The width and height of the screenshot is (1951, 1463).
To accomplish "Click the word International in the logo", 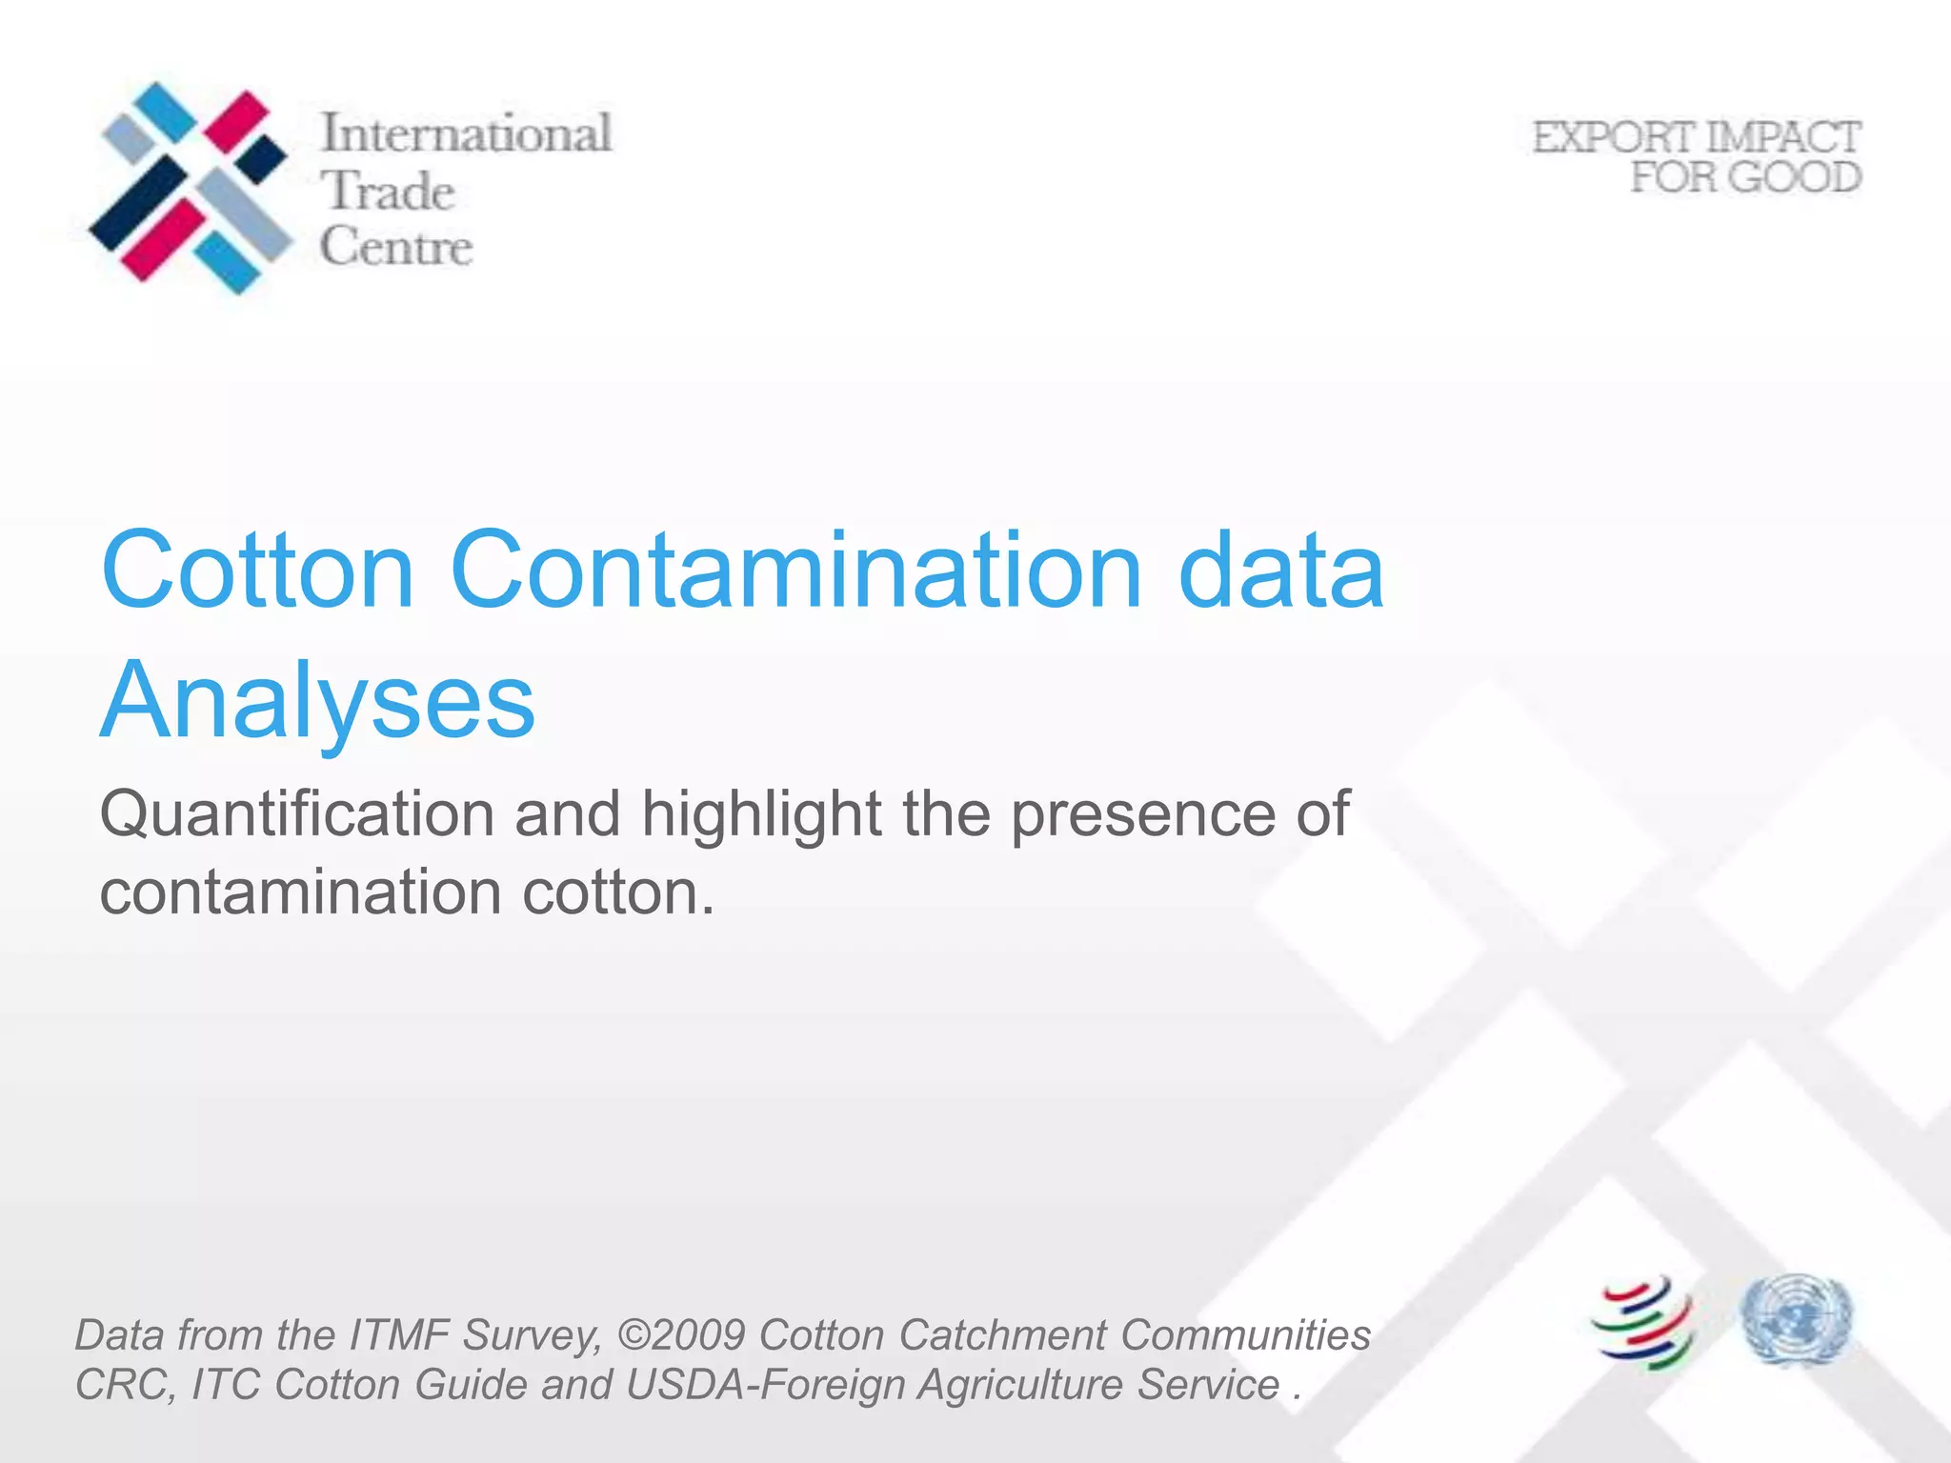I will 465,133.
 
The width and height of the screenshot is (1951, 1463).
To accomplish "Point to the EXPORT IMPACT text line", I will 1696,137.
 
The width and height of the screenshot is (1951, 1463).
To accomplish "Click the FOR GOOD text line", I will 1745,177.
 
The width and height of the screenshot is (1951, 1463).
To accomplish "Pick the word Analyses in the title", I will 318,701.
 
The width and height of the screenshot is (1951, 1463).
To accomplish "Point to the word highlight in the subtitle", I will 761,815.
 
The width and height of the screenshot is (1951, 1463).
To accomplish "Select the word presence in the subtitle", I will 1142,815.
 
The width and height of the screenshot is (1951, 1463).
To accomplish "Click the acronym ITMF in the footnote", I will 399,1334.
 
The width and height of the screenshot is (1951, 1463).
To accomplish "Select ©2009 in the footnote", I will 680,1334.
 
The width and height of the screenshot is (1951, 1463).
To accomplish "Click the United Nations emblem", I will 1796,1320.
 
